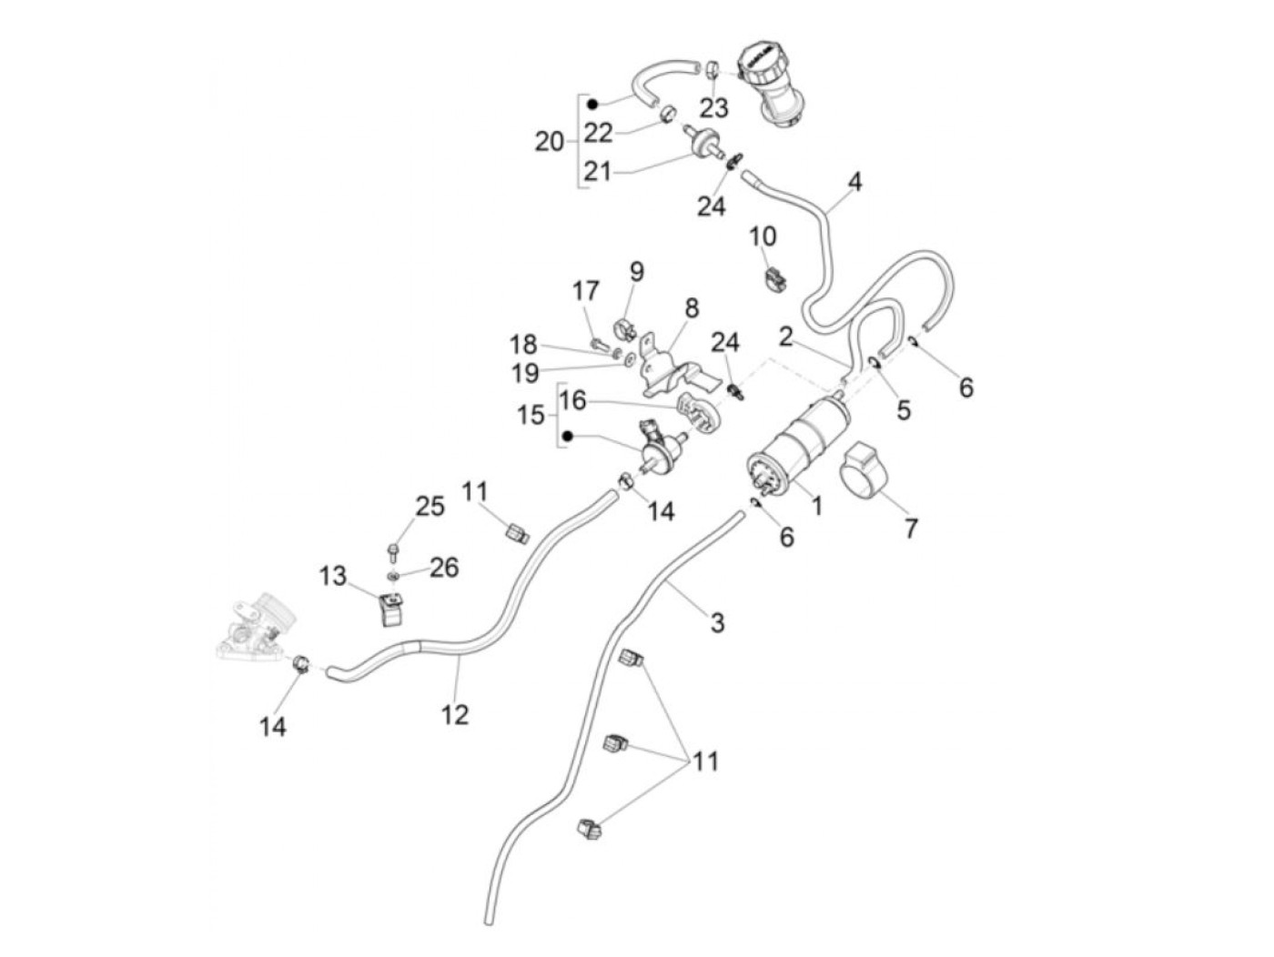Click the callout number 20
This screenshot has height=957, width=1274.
(549, 142)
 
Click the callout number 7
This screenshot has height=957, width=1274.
(911, 527)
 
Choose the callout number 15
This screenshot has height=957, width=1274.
(531, 415)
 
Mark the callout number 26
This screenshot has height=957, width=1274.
(443, 568)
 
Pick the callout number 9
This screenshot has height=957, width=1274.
(636, 271)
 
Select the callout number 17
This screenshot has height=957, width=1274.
(586, 291)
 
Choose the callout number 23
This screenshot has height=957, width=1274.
(714, 107)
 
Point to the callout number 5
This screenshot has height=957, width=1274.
(903, 409)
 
